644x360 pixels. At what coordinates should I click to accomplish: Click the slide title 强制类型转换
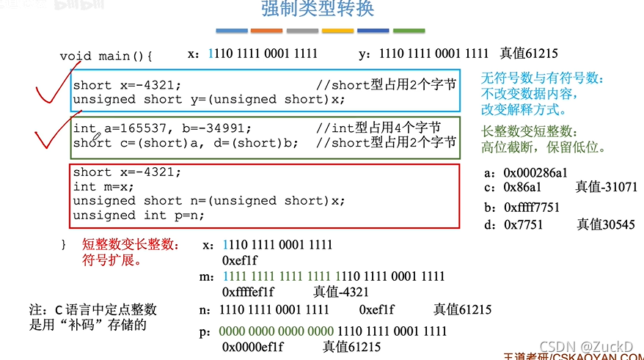point(318,10)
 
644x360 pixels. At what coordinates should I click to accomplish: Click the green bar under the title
point(409,31)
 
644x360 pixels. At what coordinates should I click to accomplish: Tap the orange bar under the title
point(266,31)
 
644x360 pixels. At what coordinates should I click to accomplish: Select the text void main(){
point(106,56)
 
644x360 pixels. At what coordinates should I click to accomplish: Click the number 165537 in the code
point(127,128)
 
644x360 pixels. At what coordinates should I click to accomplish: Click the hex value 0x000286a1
point(535,174)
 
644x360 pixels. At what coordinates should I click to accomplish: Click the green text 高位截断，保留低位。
point(543,147)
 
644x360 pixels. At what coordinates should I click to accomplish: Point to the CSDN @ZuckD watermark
point(585,345)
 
